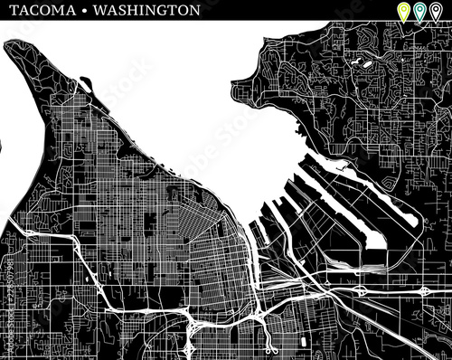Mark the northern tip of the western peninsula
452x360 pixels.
pos(11,44)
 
